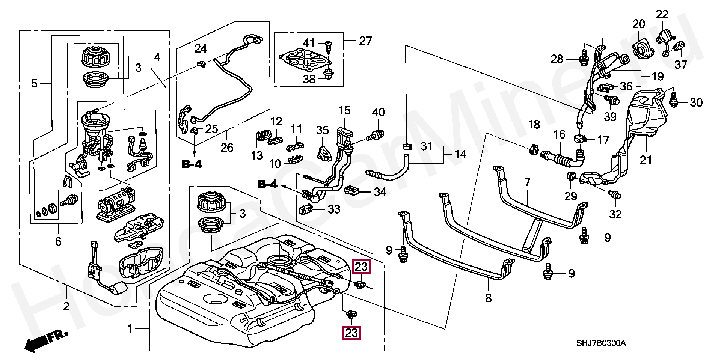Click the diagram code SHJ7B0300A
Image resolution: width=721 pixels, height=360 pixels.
[x=601, y=343]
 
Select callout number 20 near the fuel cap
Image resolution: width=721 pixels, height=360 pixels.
[x=638, y=24]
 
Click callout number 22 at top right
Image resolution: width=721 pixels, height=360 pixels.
[x=662, y=15]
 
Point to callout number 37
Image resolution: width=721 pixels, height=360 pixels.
[x=681, y=65]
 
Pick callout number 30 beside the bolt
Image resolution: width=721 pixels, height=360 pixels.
[x=696, y=102]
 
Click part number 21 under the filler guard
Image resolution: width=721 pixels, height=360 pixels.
[x=646, y=160]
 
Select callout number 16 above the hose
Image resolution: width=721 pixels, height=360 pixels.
[x=559, y=134]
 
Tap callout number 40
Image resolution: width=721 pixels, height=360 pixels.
[x=378, y=112]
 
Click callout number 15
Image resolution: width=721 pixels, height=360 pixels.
[x=344, y=111]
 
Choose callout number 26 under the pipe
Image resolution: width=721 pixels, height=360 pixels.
[x=227, y=148]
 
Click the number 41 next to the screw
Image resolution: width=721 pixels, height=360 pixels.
[x=309, y=43]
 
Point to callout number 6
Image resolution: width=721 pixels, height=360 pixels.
[x=58, y=241]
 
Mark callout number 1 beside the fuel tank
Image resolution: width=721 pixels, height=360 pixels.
[x=130, y=329]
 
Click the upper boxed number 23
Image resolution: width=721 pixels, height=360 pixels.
[x=361, y=267]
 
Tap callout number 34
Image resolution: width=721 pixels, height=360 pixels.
[x=380, y=192]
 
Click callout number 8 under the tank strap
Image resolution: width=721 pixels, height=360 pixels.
[x=488, y=298]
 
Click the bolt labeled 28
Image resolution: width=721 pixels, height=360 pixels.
[x=584, y=59]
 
